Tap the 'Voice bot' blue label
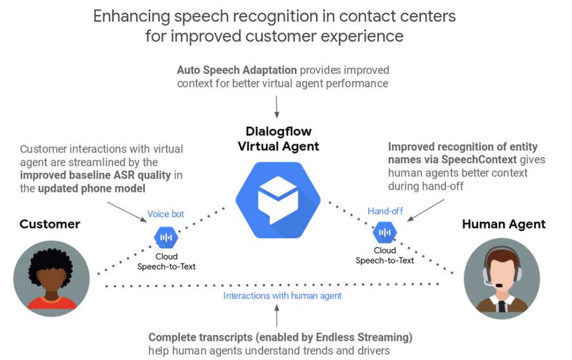click(166, 214)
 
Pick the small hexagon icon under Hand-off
click(384, 233)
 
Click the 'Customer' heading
click(50, 224)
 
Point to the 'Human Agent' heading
click(503, 224)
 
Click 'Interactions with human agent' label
click(282, 296)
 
